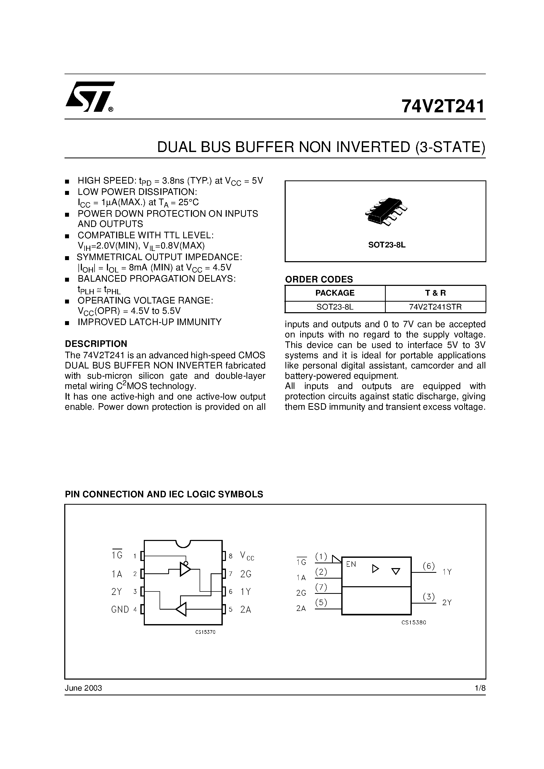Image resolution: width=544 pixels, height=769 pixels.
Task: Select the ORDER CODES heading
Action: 319,279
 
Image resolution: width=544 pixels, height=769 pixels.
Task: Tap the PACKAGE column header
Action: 335,293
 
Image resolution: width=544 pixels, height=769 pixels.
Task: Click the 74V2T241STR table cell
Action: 435,307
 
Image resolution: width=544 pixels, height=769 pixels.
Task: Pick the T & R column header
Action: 435,293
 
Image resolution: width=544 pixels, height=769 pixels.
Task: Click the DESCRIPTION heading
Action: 96,344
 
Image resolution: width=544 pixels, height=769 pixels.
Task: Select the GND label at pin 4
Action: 120,610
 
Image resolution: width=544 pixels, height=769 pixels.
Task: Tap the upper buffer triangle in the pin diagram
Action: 185,569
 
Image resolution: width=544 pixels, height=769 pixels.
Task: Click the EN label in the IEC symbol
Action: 351,564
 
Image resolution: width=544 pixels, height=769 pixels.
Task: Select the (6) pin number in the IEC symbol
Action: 429,566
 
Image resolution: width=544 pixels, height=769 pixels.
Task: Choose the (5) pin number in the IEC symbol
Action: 321,603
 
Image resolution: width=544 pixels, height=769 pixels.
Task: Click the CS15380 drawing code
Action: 414,623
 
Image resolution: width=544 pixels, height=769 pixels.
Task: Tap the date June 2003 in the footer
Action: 83,688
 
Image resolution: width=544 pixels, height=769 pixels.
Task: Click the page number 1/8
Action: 480,688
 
